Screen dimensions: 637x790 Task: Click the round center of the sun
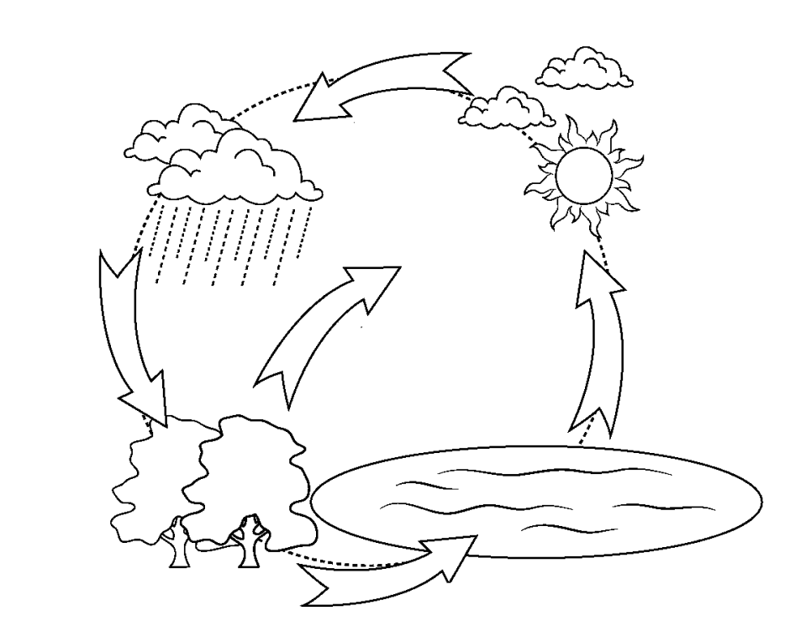(584, 174)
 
